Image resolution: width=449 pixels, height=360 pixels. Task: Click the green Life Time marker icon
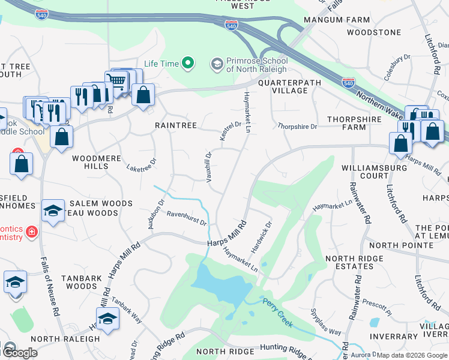click(x=188, y=63)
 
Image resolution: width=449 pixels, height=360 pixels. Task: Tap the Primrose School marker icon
click(x=217, y=63)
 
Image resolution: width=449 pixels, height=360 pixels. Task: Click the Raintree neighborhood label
click(x=176, y=125)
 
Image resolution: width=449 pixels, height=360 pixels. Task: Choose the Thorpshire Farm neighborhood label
click(x=355, y=123)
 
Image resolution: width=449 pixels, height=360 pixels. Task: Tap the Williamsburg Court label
click(x=374, y=172)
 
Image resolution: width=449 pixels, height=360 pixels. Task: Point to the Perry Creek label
click(x=277, y=312)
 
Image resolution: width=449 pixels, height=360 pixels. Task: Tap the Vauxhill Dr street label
click(x=208, y=167)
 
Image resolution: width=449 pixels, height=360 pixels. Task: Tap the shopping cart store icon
click(x=116, y=81)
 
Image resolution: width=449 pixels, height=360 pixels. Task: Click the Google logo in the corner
click(x=20, y=353)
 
